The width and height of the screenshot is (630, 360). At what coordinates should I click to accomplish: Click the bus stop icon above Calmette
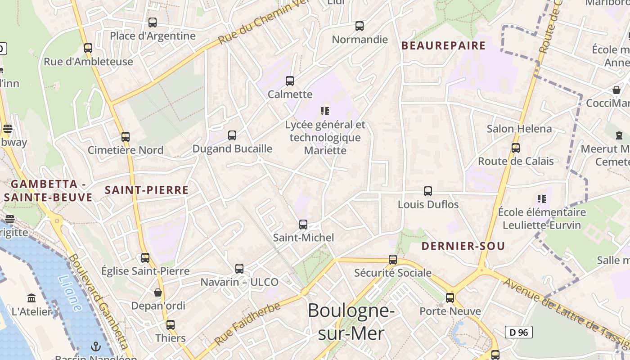290,81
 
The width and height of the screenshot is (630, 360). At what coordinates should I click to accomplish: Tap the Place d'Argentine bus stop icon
153,22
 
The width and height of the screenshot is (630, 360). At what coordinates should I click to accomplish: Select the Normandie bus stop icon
359,26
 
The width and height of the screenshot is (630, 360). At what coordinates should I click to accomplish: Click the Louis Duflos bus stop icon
428,191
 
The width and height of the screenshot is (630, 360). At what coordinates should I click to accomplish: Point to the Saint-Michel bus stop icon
303,225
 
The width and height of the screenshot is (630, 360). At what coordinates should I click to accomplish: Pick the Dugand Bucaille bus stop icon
232,135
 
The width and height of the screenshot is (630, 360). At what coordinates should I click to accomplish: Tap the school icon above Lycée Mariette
325,111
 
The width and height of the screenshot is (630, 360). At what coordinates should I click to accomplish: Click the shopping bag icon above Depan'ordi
158,293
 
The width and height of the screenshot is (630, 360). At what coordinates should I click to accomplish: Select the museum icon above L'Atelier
31,298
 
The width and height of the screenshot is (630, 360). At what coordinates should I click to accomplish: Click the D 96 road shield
518,332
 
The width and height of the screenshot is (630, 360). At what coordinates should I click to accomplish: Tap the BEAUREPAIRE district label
443,45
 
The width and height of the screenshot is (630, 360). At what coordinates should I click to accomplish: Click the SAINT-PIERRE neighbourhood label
147,190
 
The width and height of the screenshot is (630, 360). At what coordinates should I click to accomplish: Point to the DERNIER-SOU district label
463,246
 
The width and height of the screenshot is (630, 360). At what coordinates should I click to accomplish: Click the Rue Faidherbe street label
247,324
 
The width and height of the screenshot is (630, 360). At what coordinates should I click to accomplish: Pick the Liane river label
70,293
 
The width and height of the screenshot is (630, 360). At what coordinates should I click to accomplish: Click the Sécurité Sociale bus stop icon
393,260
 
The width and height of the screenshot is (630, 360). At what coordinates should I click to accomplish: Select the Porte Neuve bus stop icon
450,298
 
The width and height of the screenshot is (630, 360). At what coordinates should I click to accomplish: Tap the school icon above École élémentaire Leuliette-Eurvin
542,198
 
